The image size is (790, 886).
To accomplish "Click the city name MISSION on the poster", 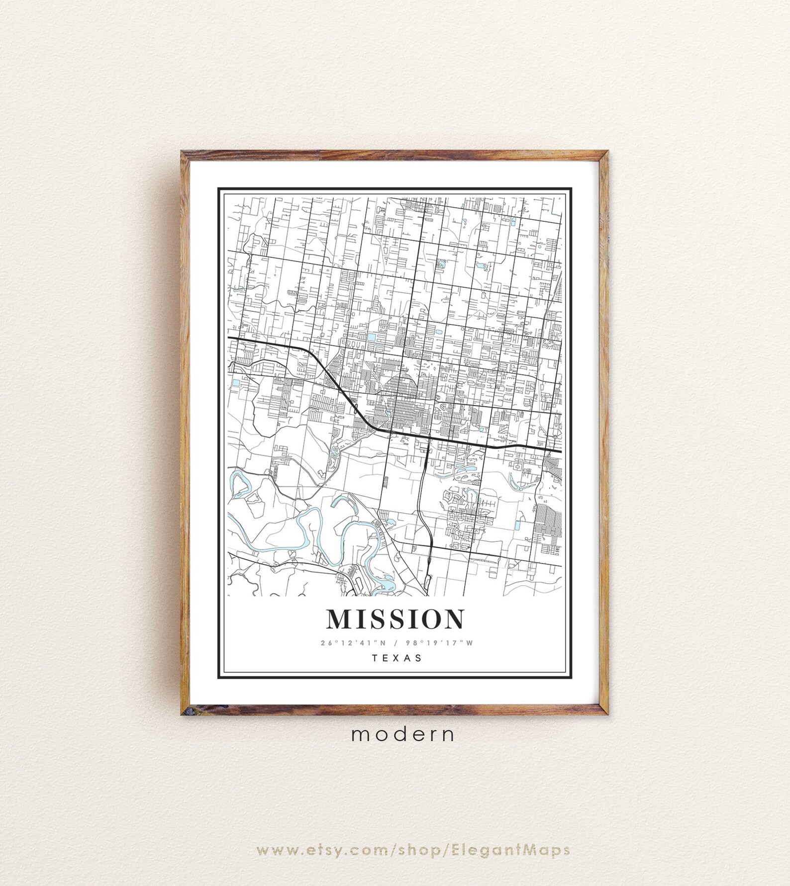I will pos(395,619).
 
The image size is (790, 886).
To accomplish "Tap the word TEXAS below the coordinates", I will pos(396,658).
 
